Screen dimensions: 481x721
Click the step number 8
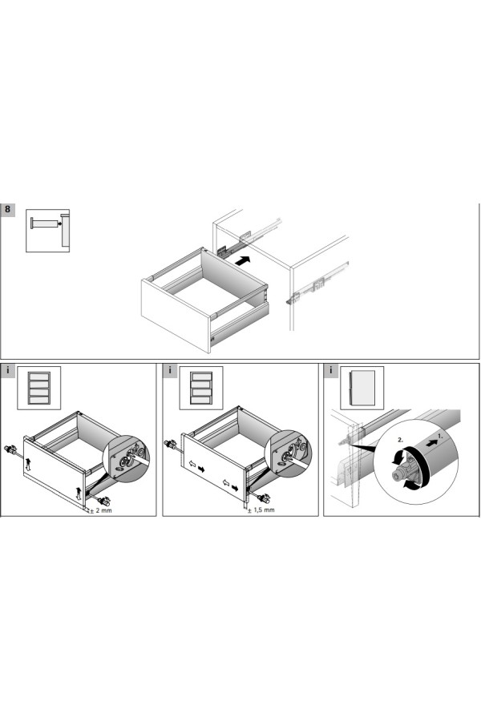7,209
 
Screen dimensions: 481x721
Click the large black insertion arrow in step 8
242,261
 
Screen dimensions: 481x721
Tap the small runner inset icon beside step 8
47,231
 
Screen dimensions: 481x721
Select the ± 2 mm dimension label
101,510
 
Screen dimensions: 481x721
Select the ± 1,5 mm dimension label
261,510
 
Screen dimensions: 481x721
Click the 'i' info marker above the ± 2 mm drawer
7,370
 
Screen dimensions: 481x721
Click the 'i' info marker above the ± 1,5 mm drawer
170,370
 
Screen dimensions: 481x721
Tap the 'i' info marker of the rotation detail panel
330,370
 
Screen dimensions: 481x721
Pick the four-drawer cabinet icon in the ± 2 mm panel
39,388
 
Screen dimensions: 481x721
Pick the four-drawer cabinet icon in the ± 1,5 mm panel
201,388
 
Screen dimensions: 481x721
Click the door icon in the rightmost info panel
362,388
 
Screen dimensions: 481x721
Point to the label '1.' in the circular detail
441,435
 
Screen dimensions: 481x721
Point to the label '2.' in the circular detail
401,440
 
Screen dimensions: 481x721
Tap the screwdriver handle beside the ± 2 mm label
103,501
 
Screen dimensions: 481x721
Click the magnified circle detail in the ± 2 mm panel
127,458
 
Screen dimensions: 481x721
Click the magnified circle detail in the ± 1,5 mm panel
289,454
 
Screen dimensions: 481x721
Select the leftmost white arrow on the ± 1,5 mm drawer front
192,465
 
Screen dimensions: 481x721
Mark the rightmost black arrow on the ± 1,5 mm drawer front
235,487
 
